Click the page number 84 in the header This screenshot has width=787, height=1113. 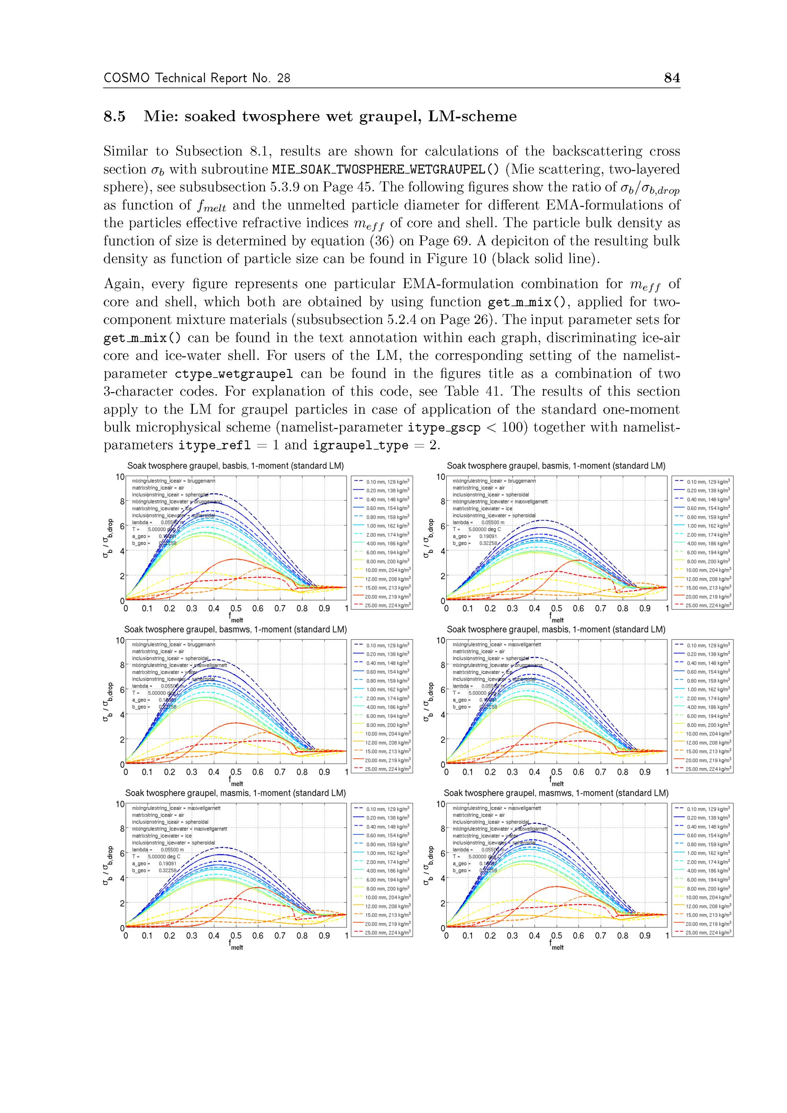[x=672, y=78]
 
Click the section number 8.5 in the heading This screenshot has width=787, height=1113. [x=115, y=117]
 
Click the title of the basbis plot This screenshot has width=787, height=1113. [x=236, y=466]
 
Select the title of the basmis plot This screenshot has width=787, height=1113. [x=556, y=466]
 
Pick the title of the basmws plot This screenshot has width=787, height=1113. [x=236, y=630]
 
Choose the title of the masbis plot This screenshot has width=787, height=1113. [x=556, y=630]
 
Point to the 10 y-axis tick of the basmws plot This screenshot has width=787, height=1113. [x=120, y=641]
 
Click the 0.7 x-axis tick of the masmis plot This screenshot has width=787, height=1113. [x=280, y=936]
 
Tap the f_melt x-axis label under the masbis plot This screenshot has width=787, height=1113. [x=557, y=782]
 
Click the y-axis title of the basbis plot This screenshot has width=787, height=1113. [x=108, y=539]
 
